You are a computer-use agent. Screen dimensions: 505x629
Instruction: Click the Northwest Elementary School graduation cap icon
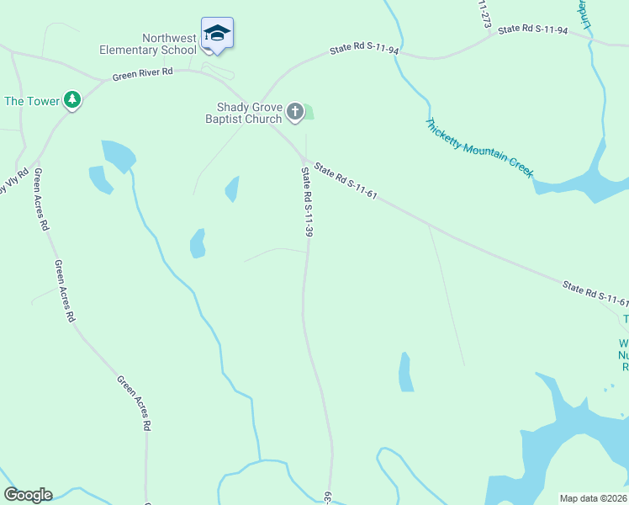[x=217, y=34]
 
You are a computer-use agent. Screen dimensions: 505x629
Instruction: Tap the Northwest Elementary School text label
[x=148, y=44]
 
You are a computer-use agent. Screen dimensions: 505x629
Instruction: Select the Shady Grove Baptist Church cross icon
[x=294, y=110]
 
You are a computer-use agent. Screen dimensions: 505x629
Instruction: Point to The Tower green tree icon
[x=73, y=101]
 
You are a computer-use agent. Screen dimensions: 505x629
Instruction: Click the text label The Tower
[x=32, y=101]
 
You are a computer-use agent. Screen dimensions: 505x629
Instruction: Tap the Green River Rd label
[x=142, y=74]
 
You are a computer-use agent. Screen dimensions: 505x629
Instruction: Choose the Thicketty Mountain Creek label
[x=478, y=147]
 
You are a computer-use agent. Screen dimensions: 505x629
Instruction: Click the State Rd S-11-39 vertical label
[x=308, y=202]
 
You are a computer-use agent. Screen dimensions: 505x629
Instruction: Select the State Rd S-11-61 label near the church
[x=346, y=181]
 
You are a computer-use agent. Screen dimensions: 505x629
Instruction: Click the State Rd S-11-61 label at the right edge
[x=595, y=294]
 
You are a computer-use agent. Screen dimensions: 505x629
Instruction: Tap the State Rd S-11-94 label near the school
[x=365, y=50]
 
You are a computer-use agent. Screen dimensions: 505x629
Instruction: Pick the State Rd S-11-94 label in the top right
[x=532, y=29]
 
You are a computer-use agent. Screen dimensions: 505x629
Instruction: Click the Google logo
[x=28, y=495]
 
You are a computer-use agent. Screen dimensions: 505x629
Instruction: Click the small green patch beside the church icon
[x=308, y=111]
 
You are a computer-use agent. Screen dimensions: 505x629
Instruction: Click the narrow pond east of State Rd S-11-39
[x=406, y=372]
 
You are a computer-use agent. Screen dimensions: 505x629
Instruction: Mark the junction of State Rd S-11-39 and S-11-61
[x=304, y=160]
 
